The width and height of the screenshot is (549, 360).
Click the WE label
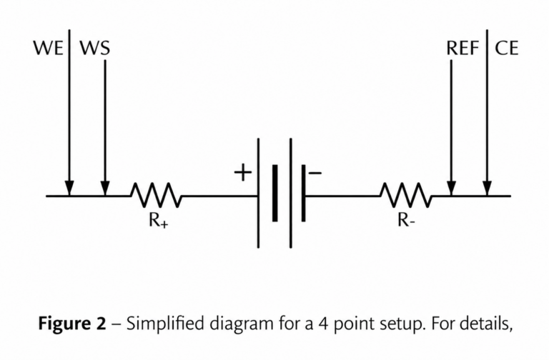(49, 48)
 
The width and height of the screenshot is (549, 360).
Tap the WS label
(94, 48)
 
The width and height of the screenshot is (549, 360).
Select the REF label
(463, 48)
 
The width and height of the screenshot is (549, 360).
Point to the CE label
(506, 48)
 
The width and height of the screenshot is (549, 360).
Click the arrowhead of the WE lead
(69, 189)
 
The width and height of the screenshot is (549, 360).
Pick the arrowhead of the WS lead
(104, 189)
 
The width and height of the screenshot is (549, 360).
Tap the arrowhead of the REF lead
(451, 189)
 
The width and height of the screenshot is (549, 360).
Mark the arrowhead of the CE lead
(487, 189)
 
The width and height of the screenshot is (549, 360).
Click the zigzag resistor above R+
(157, 195)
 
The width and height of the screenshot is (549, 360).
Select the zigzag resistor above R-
(406, 195)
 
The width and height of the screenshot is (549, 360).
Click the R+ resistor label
(158, 221)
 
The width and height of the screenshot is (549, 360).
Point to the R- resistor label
(406, 220)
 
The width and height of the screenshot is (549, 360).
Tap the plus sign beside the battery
(242, 172)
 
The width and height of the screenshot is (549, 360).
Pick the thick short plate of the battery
(274, 193)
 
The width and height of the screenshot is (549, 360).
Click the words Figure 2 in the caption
(72, 324)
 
